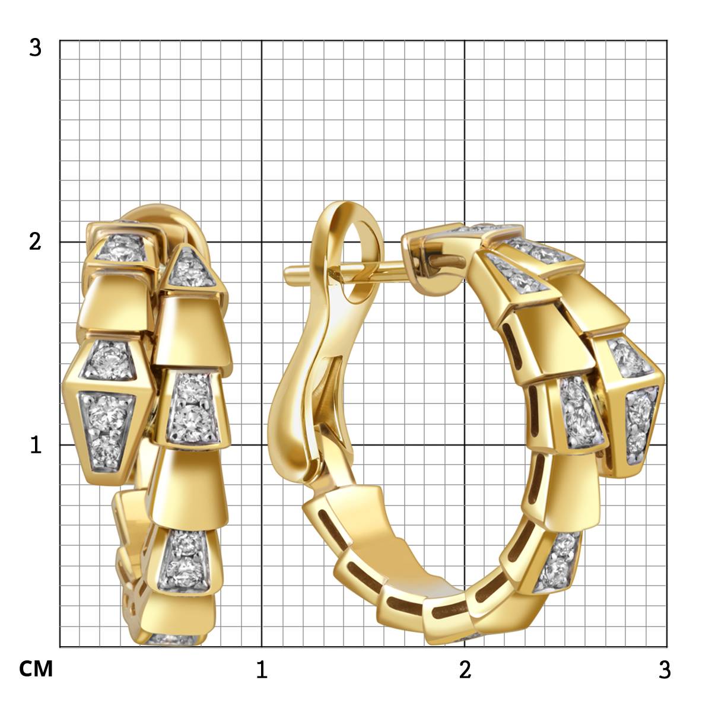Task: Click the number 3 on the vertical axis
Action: (36, 47)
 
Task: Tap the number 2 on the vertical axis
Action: (36, 242)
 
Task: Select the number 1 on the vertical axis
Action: (36, 445)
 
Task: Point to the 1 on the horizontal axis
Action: (261, 669)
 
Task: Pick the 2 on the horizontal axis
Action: (465, 669)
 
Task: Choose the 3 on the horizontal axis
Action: (665, 669)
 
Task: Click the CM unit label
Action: (36, 669)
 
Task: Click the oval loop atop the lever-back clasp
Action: (350, 237)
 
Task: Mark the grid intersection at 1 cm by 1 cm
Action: (262, 444)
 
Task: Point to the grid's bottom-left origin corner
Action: (60, 647)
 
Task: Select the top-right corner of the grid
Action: (666, 40)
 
